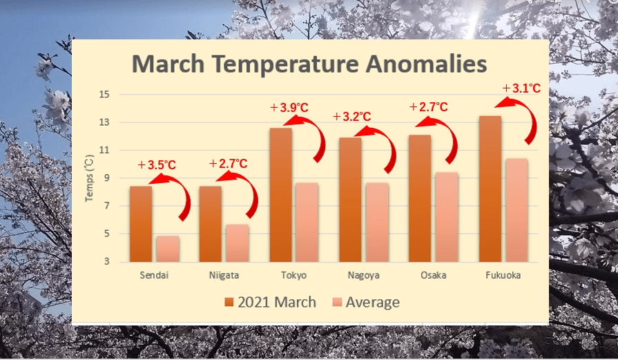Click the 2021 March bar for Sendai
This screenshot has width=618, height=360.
[x=141, y=224]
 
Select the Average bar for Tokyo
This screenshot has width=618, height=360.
[x=307, y=222]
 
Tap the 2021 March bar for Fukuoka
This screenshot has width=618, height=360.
[x=490, y=189]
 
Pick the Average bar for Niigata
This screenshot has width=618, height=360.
[x=238, y=243]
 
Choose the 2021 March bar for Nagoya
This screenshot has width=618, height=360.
[x=350, y=200]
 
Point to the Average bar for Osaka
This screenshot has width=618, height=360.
[x=447, y=217]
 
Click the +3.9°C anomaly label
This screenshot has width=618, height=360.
[x=289, y=108]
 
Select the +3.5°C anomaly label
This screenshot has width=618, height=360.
[x=157, y=165]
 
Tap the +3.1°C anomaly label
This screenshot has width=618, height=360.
[x=521, y=88]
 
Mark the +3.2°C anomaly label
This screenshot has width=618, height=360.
[x=352, y=117]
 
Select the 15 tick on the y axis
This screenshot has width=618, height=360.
[x=104, y=95]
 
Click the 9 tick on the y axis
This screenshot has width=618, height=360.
[x=106, y=178]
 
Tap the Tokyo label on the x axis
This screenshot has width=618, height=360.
[x=293, y=275]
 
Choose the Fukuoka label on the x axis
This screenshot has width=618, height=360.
[x=503, y=275]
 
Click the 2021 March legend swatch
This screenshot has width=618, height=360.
[x=229, y=303]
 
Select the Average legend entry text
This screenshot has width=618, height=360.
[x=372, y=303]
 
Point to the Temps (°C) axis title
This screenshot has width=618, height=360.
[x=90, y=178]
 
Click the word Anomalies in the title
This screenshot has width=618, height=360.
[x=426, y=64]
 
